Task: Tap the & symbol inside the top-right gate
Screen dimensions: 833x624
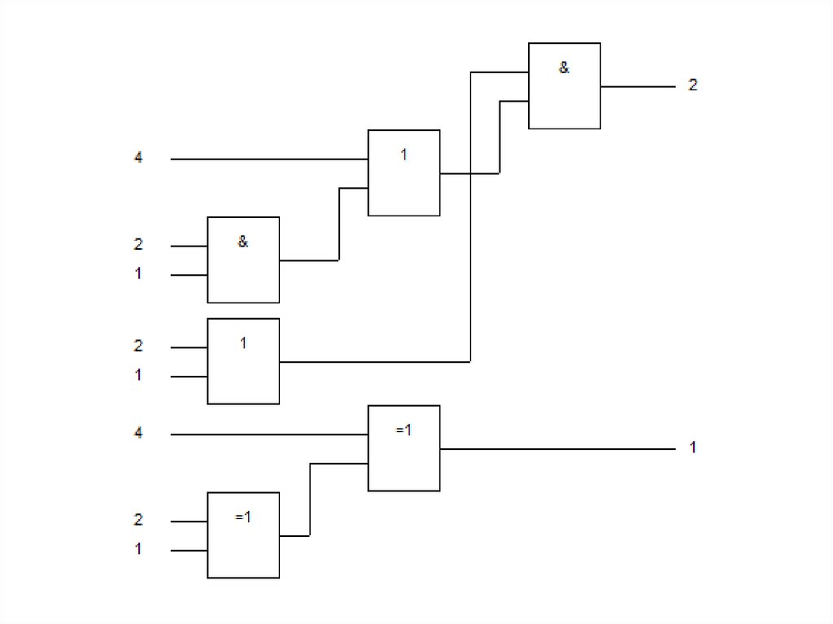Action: (564, 68)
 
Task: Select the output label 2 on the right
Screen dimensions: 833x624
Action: (692, 85)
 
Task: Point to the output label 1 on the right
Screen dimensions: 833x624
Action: (692, 447)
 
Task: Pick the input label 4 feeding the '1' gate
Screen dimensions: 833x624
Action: (138, 159)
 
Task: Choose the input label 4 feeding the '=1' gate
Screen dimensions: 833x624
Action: (138, 434)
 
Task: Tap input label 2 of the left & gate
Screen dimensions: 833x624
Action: (138, 244)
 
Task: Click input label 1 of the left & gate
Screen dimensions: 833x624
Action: (138, 274)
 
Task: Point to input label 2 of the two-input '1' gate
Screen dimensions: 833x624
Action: (138, 346)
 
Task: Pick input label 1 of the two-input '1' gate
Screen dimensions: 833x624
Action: (138, 376)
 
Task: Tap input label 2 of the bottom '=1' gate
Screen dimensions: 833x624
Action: (138, 520)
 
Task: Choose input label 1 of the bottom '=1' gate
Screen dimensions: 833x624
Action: (138, 550)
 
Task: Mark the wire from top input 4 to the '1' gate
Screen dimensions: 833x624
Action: (268, 159)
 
